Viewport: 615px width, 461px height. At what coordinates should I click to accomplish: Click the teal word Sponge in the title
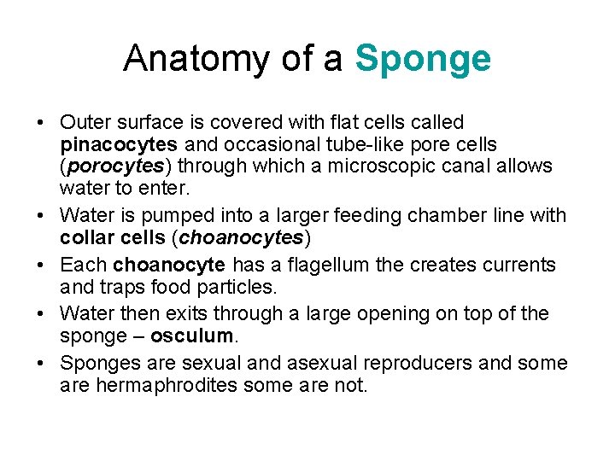point(423,59)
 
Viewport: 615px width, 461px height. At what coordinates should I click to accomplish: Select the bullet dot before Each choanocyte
point(41,266)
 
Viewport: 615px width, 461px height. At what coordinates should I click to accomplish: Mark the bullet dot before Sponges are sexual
point(41,364)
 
